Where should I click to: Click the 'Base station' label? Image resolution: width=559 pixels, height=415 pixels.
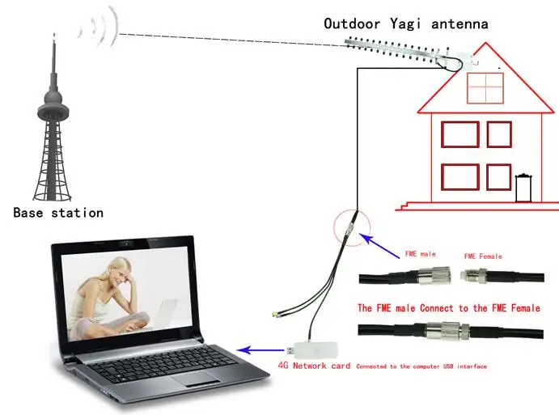click(58, 213)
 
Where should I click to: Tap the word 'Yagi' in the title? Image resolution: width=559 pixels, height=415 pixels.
click(405, 24)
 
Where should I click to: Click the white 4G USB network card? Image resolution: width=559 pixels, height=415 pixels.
click(312, 349)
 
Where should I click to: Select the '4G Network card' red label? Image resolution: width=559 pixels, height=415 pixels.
click(314, 366)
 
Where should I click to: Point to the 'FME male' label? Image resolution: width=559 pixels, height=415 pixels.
click(421, 254)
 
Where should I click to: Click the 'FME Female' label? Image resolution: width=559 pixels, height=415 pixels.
click(483, 256)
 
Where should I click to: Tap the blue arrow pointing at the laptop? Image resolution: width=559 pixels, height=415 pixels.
click(260, 350)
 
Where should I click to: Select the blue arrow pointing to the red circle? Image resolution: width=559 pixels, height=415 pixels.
click(379, 245)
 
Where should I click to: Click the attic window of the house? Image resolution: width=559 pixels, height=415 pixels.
click(485, 88)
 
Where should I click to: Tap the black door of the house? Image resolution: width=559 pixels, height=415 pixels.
click(523, 188)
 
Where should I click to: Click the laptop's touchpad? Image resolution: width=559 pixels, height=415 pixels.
click(196, 379)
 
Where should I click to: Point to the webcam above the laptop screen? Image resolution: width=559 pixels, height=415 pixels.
click(125, 243)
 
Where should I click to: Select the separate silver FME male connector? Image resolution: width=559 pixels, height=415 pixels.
click(434, 276)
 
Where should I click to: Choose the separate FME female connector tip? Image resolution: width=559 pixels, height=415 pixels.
click(466, 275)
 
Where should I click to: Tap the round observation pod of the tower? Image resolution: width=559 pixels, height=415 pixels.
click(53, 100)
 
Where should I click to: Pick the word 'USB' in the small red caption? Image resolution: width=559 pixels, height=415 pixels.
click(448, 366)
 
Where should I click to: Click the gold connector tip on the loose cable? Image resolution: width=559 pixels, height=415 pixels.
click(275, 315)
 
